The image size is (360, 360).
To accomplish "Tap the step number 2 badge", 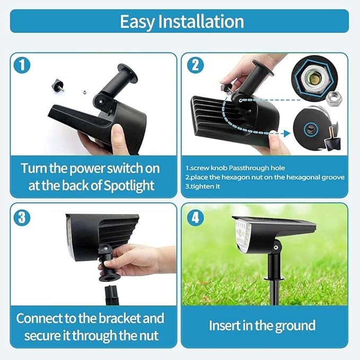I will (195, 66).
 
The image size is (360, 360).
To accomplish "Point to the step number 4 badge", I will (195, 217).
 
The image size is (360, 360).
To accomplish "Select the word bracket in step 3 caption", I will (120, 319).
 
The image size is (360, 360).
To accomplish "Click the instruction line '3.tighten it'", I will (203, 186).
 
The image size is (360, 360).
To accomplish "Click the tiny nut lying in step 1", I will (83, 91).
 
